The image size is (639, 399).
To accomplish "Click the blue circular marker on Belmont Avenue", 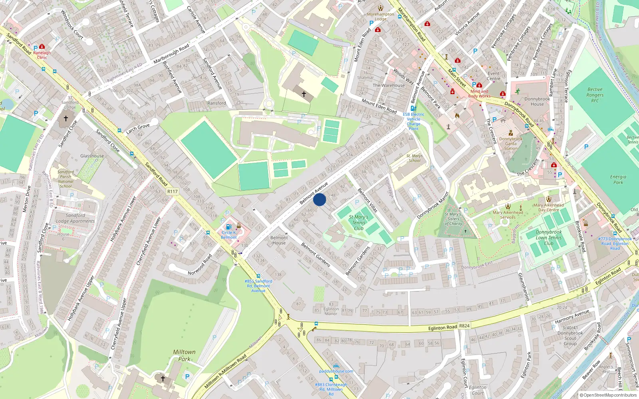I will click(x=319, y=199).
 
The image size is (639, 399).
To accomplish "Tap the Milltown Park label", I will click(x=184, y=355).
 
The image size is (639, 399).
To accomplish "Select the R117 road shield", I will click(x=172, y=192).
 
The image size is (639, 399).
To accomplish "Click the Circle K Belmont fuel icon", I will click(x=228, y=227).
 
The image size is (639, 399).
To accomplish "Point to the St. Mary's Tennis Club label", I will click(x=359, y=223).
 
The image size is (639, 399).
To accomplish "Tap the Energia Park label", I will click(x=618, y=180).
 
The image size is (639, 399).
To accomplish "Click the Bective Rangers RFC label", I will click(x=595, y=95).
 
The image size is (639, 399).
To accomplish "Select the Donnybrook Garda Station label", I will click(x=510, y=144).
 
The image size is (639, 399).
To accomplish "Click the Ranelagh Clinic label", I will click(x=42, y=55).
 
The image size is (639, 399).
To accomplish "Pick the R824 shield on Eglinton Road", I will click(x=464, y=326).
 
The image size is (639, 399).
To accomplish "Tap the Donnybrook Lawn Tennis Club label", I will click(x=548, y=237).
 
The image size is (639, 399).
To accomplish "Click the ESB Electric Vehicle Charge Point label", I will click(x=413, y=121).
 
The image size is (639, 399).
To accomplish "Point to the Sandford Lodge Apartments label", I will click(x=75, y=218).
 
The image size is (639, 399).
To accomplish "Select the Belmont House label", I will click(x=279, y=240).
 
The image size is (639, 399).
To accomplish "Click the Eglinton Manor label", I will click(x=331, y=311).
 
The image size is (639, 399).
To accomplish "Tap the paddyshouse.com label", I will click(x=336, y=371).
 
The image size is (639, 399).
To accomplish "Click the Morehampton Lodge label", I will click(x=380, y=16).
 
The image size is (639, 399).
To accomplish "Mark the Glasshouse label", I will click(x=92, y=156).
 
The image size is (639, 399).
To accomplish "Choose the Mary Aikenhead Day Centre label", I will click(x=548, y=207).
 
